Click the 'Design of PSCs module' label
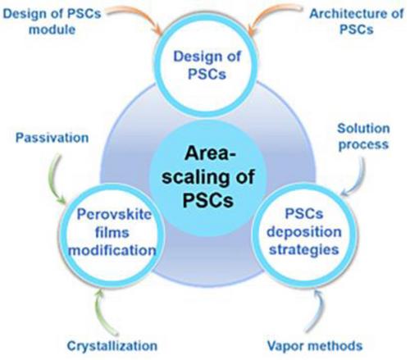pyautogui.click(x=52, y=21)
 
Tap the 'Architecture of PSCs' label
pyautogui.click(x=357, y=21)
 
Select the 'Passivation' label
pyautogui.click(x=52, y=138)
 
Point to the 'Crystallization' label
pyautogui.click(x=112, y=345)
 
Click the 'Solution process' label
pyautogui.click(x=363, y=136)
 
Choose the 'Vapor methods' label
pyautogui.click(x=315, y=345)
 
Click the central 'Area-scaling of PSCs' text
pyautogui.click(x=208, y=177)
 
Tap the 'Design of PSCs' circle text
pyautogui.click(x=207, y=66)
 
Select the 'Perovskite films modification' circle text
pyautogui.click(x=112, y=233)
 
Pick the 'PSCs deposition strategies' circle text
pyautogui.click(x=304, y=231)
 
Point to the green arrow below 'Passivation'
pyautogui.click(x=54, y=178)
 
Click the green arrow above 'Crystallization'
pyautogui.click(x=98, y=314)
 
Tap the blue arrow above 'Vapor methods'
pyautogui.click(x=321, y=309)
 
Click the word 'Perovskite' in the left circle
pyautogui.click(x=114, y=215)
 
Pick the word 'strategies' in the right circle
pyautogui.click(x=304, y=249)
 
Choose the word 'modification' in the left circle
pyautogui.click(x=112, y=250)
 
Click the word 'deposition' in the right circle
pyautogui.click(x=304, y=232)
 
